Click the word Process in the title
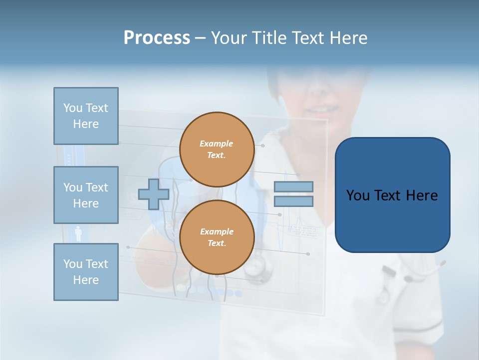[x=157, y=38]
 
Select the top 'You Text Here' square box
[x=86, y=116]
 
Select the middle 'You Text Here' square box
[x=86, y=195]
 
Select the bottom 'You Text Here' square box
[x=86, y=272]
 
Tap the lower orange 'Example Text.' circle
[x=217, y=237]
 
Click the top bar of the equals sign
[x=293, y=187]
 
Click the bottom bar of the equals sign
[x=293, y=201]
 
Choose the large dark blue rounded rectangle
[x=392, y=194]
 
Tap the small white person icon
[x=78, y=233]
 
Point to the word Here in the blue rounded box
[x=422, y=195]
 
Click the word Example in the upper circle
[x=217, y=143]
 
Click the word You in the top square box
[x=73, y=108]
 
